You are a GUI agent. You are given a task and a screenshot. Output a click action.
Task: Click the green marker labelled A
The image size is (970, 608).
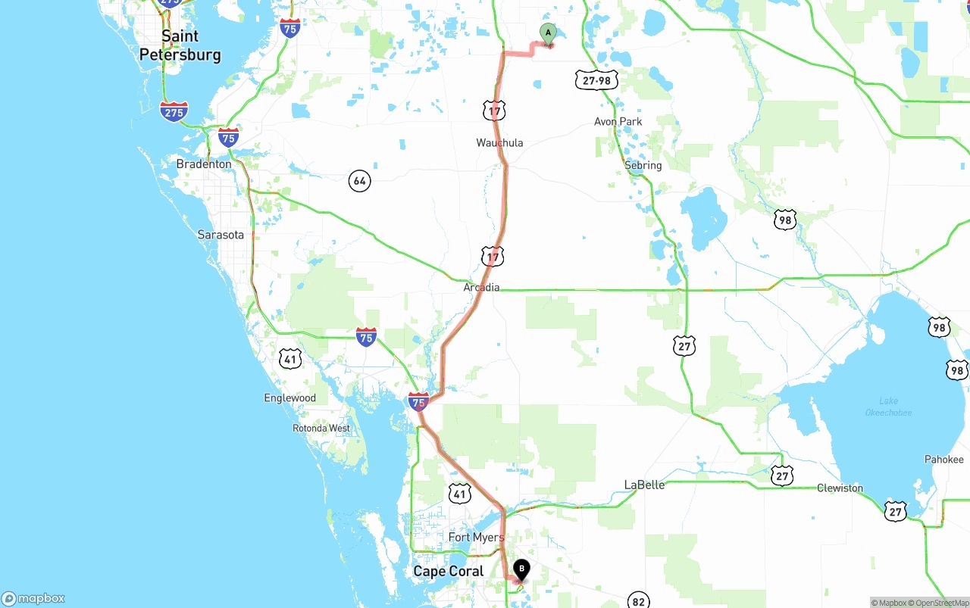[548, 33]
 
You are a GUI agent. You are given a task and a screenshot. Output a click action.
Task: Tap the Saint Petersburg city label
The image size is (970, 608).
[180, 45]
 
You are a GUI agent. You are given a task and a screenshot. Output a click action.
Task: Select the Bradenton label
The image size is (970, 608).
[204, 164]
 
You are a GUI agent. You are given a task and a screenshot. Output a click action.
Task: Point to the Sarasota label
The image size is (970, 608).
[221, 235]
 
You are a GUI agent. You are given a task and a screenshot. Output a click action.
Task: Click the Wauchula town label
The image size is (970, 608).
[499, 142]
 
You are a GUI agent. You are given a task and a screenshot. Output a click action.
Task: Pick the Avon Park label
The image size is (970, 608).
[618, 121]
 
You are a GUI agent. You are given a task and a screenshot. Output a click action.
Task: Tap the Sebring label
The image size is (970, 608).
[643, 165]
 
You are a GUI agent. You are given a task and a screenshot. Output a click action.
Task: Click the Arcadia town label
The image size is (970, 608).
[481, 287]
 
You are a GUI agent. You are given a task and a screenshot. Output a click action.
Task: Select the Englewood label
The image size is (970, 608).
[289, 398]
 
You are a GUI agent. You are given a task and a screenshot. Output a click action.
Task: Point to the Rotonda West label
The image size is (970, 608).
[321, 428]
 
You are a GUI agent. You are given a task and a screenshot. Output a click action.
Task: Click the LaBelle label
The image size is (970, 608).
[644, 485]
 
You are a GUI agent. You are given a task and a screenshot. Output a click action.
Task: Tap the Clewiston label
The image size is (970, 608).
[840, 488]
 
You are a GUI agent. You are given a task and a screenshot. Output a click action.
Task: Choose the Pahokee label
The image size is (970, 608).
[943, 459]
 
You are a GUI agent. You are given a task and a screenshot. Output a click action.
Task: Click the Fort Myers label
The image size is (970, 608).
[476, 538]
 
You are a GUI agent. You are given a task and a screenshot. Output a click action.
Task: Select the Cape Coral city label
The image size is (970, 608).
[448, 571]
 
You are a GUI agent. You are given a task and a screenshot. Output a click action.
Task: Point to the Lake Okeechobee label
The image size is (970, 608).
[888, 407]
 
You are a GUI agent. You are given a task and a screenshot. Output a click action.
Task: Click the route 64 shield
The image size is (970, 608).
[359, 180]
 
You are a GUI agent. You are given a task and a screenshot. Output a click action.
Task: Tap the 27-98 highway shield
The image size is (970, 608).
[596, 80]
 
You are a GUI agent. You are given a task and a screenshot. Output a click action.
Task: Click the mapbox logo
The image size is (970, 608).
[33, 598]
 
